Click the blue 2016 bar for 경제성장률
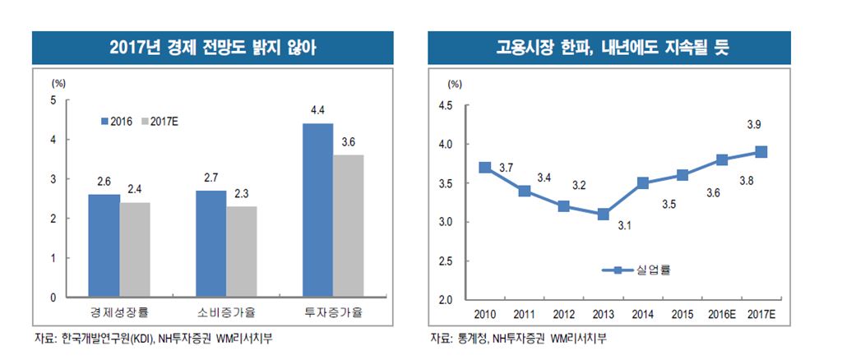pyautogui.click(x=104, y=246)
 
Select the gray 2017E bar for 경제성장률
pyautogui.click(x=136, y=250)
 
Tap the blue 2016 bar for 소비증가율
pyautogui.click(x=211, y=243)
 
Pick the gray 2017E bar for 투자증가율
pyautogui.click(x=348, y=226)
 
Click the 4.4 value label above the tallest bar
pyautogui.click(x=317, y=109)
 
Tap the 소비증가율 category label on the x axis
pyautogui.click(x=226, y=312)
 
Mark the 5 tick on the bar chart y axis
pyautogui.click(x=54, y=100)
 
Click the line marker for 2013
pyautogui.click(x=604, y=214)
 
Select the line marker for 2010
pyautogui.click(x=485, y=167)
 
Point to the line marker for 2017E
pyautogui.click(x=761, y=151)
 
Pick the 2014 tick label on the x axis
pyautogui.click(x=643, y=315)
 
